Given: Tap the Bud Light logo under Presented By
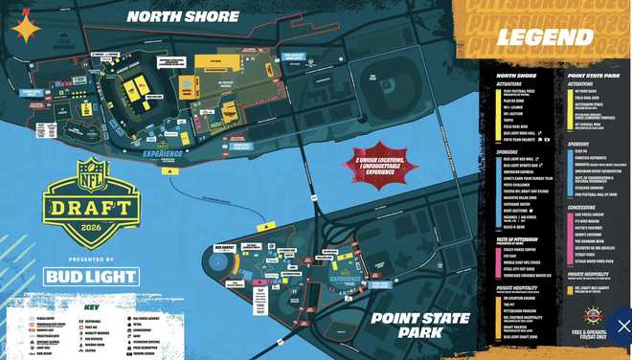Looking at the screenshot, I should (92, 278).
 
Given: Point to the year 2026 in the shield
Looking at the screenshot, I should (92, 226).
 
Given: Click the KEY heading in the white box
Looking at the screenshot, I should (92, 309).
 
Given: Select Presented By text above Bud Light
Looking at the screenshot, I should (91, 259).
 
